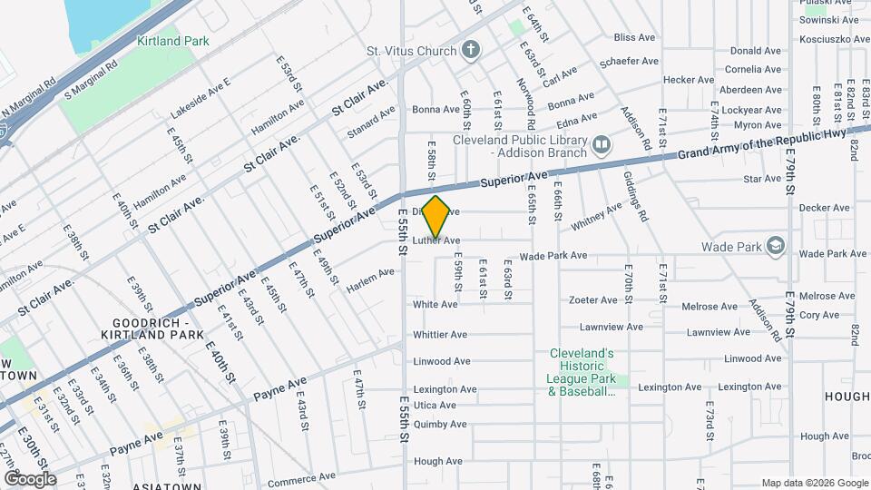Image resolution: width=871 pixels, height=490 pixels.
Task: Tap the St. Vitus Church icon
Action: [470, 50]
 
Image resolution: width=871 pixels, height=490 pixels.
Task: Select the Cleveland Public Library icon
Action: [601, 145]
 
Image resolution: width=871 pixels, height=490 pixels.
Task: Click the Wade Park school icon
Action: [776, 245]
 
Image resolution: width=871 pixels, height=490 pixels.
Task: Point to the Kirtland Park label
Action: [172, 41]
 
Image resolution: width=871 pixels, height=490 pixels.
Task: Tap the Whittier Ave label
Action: [440, 335]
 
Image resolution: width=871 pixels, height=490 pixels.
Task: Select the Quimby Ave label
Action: [440, 423]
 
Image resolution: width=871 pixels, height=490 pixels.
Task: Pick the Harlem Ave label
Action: [371, 279]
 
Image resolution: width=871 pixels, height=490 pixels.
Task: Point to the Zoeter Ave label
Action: [593, 299]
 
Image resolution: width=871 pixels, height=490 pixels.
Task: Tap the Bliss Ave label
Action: [634, 38]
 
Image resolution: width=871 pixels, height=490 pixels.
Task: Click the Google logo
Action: [30, 478]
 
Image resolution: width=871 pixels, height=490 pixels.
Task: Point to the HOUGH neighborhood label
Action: [847, 397]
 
